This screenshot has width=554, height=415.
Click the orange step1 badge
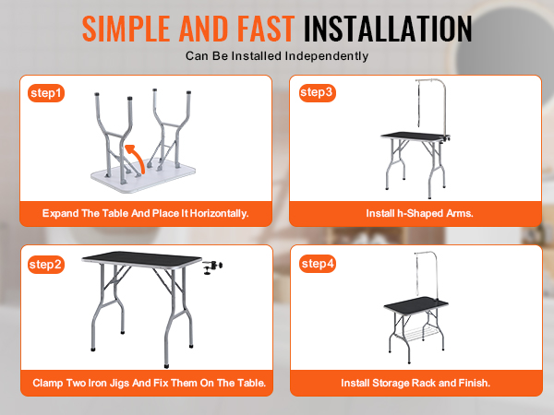pos(46,93)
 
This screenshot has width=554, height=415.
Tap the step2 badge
pos(46,265)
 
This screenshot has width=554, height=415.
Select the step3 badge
pos(317,93)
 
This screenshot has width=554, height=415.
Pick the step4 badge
pos(318,264)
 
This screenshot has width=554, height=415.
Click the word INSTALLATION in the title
pos(388,29)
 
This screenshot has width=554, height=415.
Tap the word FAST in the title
pos(266,29)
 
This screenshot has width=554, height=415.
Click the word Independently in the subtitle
pos(327,56)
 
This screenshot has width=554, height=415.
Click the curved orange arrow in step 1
pos(136,159)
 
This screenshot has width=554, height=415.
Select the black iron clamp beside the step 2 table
pos(212,267)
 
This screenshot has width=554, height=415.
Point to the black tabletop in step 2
pos(141,261)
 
